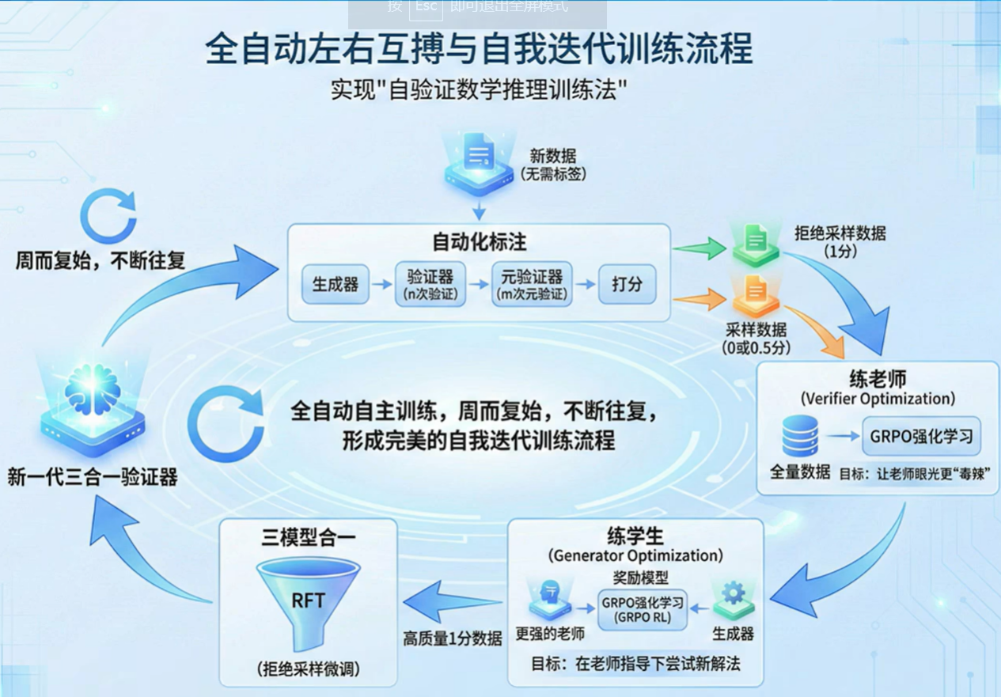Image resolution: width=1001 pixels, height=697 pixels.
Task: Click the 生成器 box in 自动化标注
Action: [336, 285]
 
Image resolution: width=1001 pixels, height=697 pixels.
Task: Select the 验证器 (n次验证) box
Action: [430, 285]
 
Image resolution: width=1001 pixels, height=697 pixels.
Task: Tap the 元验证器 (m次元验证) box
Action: [531, 285]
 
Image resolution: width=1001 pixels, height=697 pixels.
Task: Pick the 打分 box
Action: [627, 285]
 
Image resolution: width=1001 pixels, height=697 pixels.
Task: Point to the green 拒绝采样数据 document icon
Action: [755, 242]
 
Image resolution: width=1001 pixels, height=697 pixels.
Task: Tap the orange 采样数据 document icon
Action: [755, 296]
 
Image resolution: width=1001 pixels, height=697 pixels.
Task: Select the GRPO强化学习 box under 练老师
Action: [921, 436]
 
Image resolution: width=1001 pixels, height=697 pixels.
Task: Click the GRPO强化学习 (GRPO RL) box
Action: [643, 609]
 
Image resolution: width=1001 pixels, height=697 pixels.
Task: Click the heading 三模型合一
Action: [309, 539]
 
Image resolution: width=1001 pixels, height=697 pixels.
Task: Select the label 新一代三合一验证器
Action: [93, 477]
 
